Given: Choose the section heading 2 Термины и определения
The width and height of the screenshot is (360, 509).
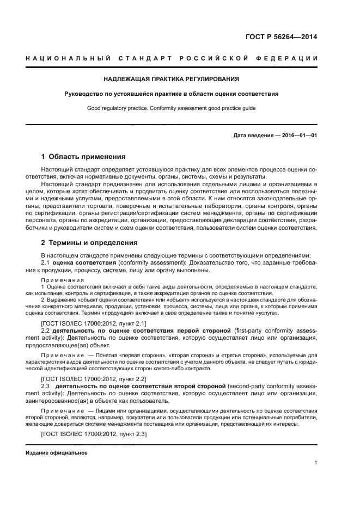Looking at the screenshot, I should coord(86,242).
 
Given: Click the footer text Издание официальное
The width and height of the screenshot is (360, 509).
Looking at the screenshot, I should coord(57,453).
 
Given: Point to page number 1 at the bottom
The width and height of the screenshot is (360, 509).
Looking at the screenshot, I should coord(315,463).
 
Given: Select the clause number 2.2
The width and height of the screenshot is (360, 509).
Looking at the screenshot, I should coord(46,332).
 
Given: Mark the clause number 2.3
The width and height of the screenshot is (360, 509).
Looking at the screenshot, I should coord(46,385).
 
